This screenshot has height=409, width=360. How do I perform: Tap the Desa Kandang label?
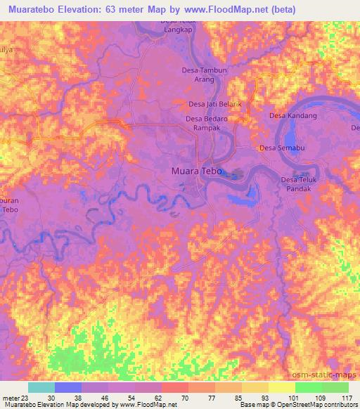(293, 115)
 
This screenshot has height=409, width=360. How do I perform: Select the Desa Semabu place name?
(281, 148)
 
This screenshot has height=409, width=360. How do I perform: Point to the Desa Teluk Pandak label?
(300, 184)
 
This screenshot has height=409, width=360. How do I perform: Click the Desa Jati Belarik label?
(214, 104)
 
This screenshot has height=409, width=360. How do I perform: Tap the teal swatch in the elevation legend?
(41, 387)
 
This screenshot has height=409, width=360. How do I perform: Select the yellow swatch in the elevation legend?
(282, 387)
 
